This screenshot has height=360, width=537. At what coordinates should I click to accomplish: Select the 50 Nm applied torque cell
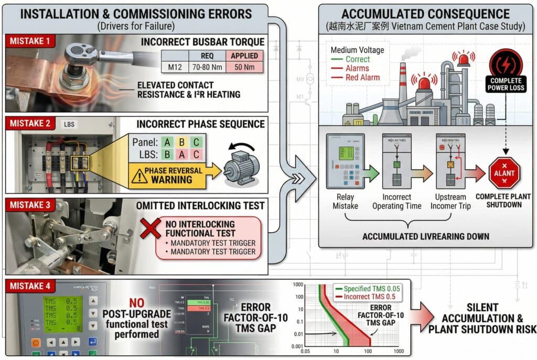(x=244, y=67)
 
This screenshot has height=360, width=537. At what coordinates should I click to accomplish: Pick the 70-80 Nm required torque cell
(x=208, y=67)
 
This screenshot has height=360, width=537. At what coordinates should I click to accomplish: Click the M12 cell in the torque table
(x=175, y=67)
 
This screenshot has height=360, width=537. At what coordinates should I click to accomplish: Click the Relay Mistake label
(x=346, y=202)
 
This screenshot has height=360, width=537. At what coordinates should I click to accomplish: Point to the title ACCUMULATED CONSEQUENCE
(x=425, y=14)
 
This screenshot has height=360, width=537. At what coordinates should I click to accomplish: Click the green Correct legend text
(x=358, y=59)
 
